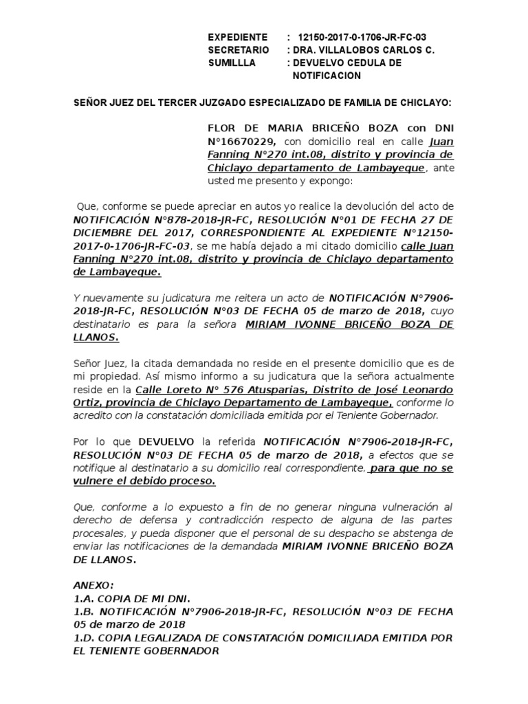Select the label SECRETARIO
coord(236,50)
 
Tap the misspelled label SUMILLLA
coord(231,63)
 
